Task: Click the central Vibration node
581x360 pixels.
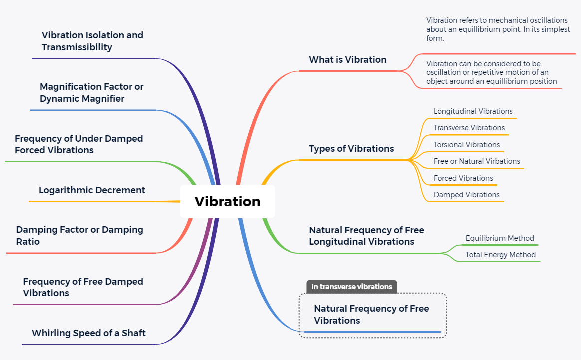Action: click(227, 201)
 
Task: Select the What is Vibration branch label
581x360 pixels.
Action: click(347, 60)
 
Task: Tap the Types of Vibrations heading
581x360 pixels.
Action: click(351, 149)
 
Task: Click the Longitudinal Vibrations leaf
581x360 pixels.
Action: click(473, 111)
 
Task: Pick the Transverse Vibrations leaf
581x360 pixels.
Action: click(469, 128)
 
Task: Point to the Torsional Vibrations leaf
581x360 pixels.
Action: click(466, 145)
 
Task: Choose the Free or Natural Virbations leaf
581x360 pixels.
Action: click(477, 161)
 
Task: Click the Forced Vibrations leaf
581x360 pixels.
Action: click(463, 178)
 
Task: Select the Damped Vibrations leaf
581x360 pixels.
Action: click(466, 195)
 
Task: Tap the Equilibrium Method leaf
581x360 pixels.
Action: click(500, 238)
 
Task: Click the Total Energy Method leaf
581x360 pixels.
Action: click(500, 255)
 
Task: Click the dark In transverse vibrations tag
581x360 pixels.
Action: click(352, 287)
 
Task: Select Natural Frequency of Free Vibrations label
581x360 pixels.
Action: click(371, 314)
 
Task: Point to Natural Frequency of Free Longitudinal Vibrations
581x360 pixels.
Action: click(366, 236)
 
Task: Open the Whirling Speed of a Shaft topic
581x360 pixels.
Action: click(89, 333)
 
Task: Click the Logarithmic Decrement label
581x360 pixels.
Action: click(92, 190)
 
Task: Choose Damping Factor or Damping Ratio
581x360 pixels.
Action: click(79, 235)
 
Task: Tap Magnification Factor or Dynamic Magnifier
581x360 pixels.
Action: click(91, 92)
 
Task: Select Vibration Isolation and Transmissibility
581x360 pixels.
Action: click(92, 41)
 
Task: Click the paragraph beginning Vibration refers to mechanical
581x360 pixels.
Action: click(497, 29)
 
